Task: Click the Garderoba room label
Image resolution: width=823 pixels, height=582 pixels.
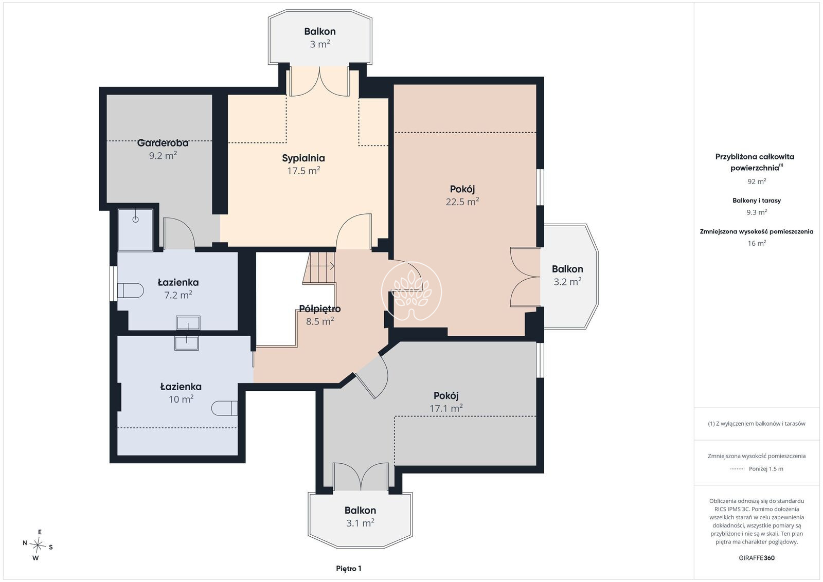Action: [x=163, y=143]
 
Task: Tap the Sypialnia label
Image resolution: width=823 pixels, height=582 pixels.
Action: [x=303, y=158]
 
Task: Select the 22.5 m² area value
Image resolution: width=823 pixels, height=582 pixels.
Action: [x=462, y=202]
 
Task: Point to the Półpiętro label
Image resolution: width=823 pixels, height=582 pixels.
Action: [x=319, y=309]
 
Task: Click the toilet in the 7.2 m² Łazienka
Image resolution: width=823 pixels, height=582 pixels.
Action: [x=131, y=290]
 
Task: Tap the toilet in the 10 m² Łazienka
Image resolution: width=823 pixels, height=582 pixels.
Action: [x=224, y=408]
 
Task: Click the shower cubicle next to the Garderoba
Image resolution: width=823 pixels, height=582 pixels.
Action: [x=136, y=230]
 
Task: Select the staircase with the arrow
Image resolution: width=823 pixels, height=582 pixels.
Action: [x=319, y=268]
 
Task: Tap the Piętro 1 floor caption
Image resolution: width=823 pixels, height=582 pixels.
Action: [x=349, y=569]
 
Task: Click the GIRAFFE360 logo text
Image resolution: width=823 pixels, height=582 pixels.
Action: [x=757, y=558]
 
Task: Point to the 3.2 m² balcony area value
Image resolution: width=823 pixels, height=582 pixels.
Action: [x=567, y=282]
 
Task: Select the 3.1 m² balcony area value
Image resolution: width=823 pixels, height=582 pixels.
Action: [x=360, y=522]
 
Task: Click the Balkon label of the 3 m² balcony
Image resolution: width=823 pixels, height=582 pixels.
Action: [x=319, y=31]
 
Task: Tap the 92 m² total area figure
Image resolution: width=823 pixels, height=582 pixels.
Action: [x=757, y=181]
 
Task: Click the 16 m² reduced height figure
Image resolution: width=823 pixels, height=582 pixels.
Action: [x=757, y=243]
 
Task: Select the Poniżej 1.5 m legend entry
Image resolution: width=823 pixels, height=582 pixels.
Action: [x=757, y=469]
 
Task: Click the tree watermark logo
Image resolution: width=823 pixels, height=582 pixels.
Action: [x=411, y=291]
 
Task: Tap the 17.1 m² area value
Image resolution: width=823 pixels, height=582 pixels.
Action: [x=446, y=408]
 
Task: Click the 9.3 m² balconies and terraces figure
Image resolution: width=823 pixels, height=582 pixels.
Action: [x=757, y=212]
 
